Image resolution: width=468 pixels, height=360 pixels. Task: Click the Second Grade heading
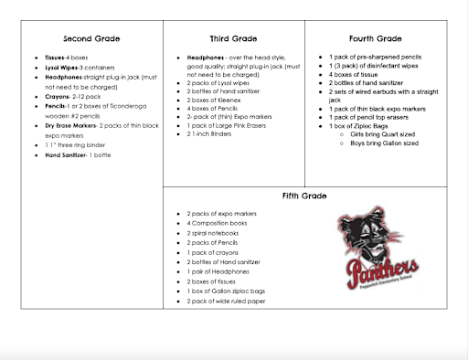[x=91, y=39]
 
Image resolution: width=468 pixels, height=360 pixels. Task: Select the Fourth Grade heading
[x=376, y=39]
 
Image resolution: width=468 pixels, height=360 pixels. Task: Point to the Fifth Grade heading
[x=305, y=196]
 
